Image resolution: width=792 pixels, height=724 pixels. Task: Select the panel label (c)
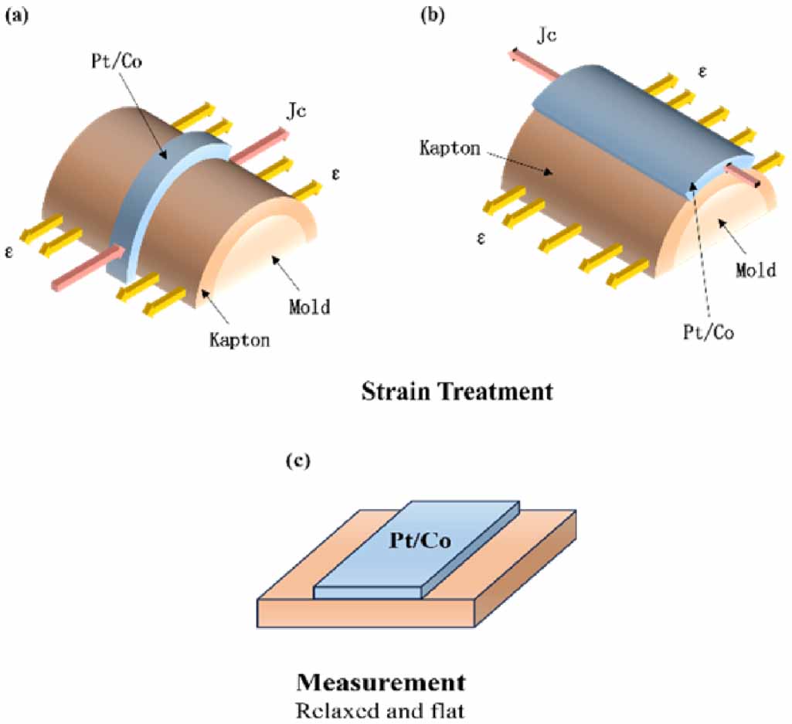point(298,461)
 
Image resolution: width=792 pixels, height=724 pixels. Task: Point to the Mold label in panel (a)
point(309,307)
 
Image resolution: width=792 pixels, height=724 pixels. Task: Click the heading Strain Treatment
point(457,391)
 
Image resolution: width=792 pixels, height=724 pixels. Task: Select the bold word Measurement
point(381,682)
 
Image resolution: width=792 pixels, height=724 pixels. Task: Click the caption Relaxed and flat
point(381,709)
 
